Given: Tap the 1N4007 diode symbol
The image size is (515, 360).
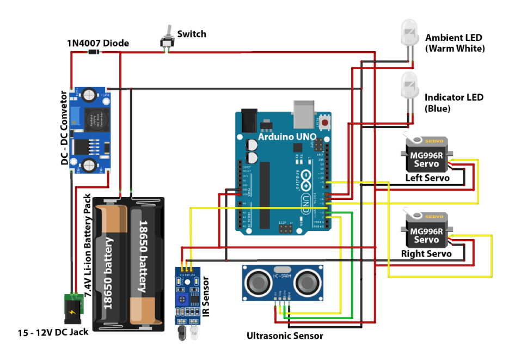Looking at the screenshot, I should (x=94, y=52).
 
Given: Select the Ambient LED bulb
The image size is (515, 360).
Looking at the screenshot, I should (x=408, y=34).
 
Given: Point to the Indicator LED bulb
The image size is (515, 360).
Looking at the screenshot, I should (x=408, y=86).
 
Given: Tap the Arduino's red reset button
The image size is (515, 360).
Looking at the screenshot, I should (x=325, y=124).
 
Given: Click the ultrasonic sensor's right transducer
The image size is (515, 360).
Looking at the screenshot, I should (x=307, y=282).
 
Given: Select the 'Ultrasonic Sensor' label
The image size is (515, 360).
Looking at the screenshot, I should (x=284, y=336).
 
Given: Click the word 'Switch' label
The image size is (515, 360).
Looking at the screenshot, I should (x=192, y=34).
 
